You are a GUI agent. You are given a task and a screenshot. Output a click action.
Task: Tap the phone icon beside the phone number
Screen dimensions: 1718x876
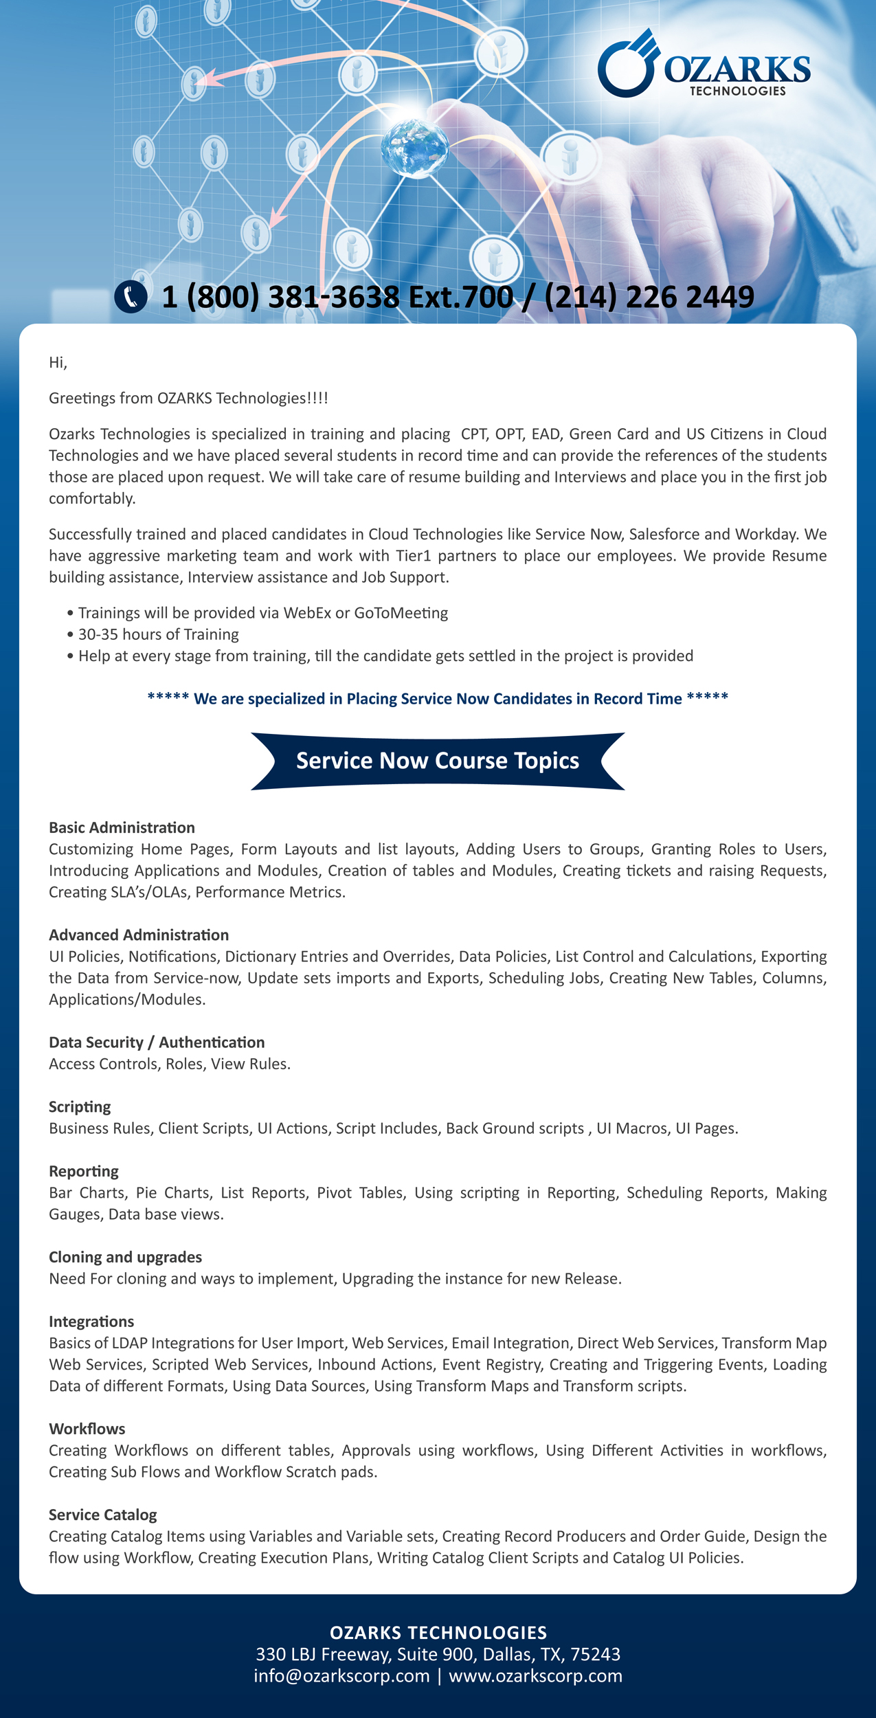[131, 297]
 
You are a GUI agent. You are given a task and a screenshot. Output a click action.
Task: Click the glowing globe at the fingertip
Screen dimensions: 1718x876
[414, 146]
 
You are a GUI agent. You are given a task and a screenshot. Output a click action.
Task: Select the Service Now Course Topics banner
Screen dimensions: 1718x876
[438, 761]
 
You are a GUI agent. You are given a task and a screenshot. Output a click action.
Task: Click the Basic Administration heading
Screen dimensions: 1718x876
[122, 827]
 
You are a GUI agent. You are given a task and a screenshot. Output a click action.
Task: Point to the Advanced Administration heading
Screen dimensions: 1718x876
[139, 935]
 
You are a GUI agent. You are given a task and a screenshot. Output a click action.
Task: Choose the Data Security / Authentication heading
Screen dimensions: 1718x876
[157, 1042]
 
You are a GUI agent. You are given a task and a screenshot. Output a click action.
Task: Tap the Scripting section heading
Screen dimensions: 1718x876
[80, 1106]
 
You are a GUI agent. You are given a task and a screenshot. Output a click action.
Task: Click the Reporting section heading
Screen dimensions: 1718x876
[84, 1171]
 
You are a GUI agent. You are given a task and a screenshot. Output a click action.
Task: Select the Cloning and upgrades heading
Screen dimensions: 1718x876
[125, 1257]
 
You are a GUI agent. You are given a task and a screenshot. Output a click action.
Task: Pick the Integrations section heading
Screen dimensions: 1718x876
[91, 1321]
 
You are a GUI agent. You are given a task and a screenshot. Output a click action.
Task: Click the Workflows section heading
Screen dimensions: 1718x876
[87, 1429]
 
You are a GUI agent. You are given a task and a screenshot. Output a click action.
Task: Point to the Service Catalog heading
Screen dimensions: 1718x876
[103, 1515]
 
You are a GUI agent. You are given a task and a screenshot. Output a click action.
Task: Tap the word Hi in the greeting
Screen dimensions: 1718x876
[57, 362]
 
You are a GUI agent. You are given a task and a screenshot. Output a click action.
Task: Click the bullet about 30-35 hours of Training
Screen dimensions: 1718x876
[158, 634]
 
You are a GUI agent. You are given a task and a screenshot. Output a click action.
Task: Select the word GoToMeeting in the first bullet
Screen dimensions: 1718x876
[401, 613]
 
